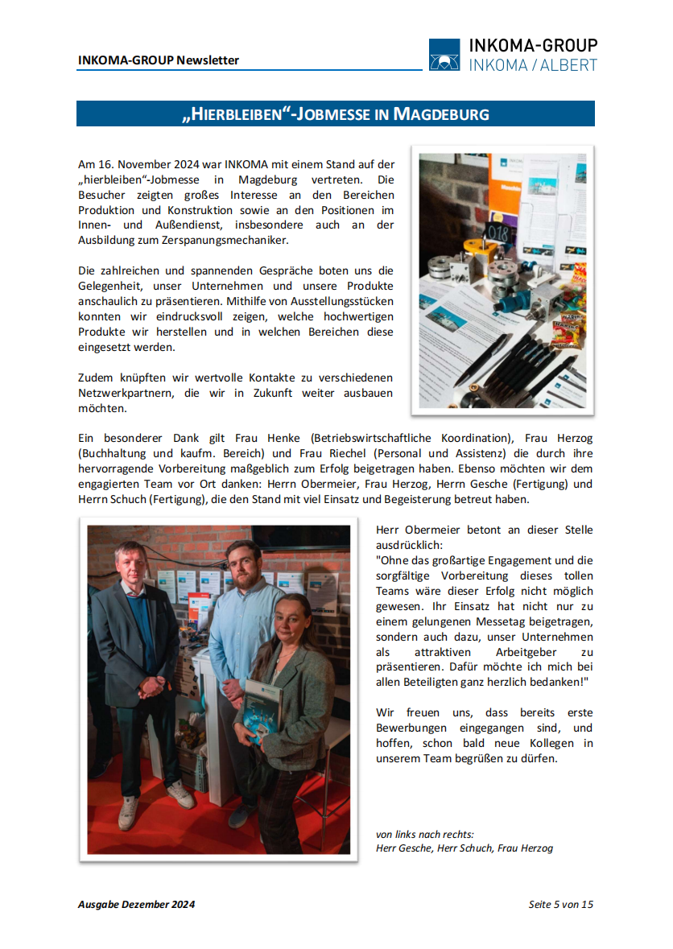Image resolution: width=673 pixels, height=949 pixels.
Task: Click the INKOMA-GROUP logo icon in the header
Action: (444, 56)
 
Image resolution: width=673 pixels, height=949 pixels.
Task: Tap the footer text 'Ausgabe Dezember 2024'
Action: (136, 904)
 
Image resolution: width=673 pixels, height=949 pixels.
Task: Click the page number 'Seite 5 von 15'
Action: (560, 904)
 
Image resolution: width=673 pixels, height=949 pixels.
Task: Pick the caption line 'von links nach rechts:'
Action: (425, 834)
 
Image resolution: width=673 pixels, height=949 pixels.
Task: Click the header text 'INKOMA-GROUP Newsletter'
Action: (159, 60)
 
